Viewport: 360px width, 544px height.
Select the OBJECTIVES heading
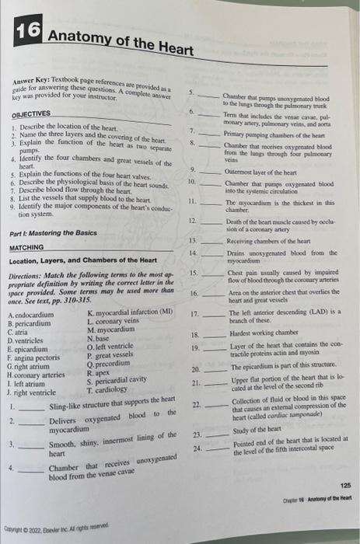click(33, 113)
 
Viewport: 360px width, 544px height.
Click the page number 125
click(344, 483)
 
